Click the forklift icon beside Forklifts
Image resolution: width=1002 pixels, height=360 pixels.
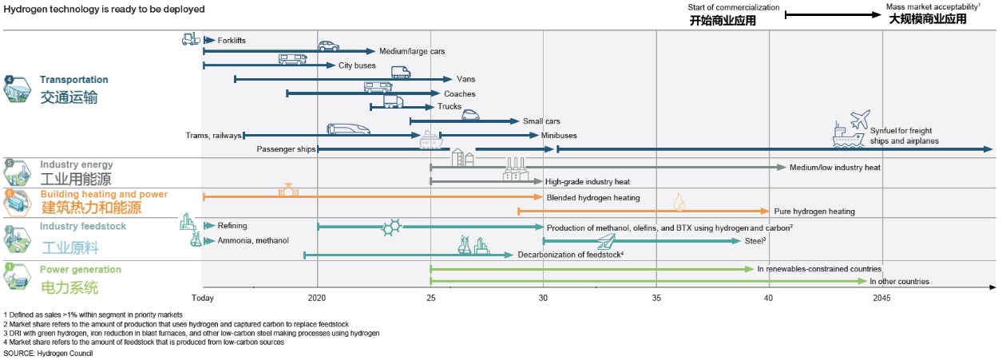click(190, 38)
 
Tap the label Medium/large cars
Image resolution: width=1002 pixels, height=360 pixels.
click(412, 51)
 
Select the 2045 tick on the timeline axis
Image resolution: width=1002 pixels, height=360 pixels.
click(881, 298)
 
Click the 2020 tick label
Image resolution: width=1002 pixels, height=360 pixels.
click(317, 298)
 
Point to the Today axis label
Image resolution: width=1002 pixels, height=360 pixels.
click(203, 298)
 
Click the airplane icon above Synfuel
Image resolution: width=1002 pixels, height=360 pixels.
click(860, 120)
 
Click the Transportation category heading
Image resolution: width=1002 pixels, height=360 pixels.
click(74, 80)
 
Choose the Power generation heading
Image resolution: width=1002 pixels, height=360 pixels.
click(81, 270)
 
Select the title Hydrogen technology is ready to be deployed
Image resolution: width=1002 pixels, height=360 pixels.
click(105, 10)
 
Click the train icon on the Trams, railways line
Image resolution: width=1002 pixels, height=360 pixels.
click(349, 129)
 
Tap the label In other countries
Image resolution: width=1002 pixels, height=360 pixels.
click(899, 281)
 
